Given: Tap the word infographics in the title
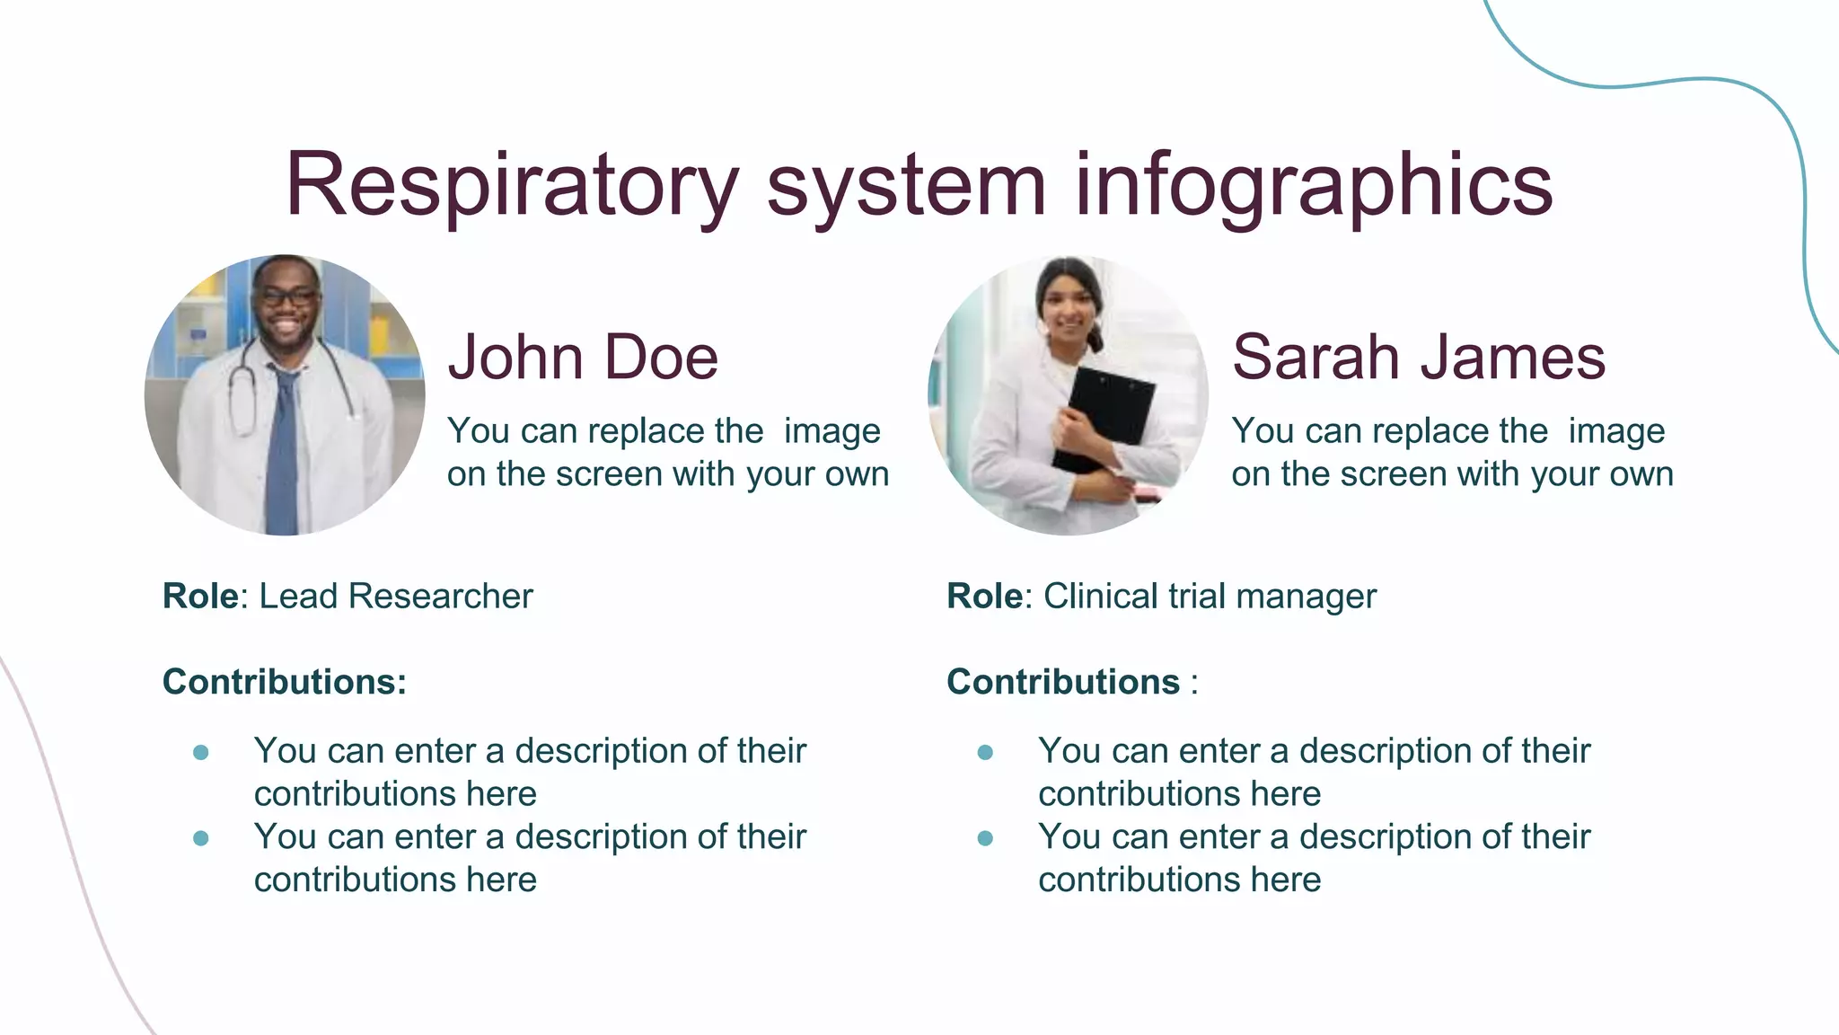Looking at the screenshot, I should [1313, 186].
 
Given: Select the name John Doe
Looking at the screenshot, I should [583, 358].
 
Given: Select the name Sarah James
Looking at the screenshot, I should [1418, 358].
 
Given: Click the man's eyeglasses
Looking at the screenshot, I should [286, 296].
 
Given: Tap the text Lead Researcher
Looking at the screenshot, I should [395, 597].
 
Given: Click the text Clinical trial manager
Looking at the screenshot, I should [1209, 597].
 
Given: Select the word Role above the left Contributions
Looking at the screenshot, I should [200, 597].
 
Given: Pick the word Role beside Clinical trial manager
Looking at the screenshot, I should [984, 597].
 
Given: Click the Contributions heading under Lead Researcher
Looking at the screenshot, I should [284, 682].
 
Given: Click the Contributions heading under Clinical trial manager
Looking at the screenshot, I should [1063, 682].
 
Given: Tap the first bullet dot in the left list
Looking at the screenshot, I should [201, 752].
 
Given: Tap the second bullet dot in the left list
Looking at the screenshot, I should [201, 838].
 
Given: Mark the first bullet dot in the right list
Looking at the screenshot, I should [985, 752].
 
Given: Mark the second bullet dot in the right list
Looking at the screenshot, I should [985, 838].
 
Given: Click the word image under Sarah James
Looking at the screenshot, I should [1616, 431].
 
